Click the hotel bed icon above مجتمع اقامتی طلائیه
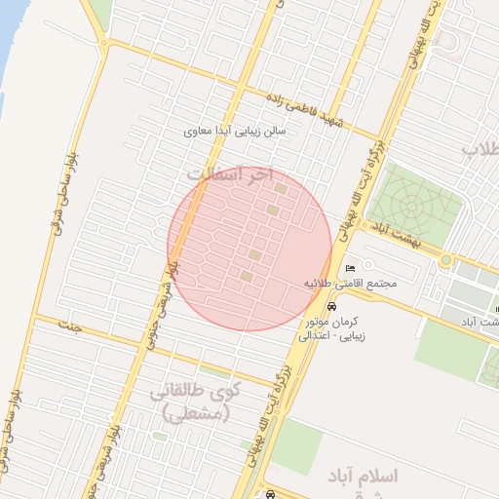click(351, 268)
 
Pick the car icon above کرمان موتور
click(334, 306)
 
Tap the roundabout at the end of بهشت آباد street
click(446, 259)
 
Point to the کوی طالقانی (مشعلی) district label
click(190, 403)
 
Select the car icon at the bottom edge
click(269, 495)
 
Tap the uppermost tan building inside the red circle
click(282, 188)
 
